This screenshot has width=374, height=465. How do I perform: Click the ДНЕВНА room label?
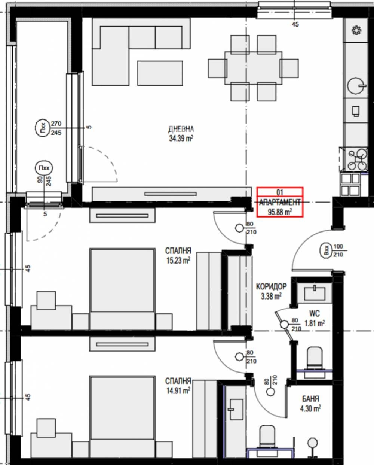coord(181,129)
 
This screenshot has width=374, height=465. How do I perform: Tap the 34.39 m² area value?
coord(181,138)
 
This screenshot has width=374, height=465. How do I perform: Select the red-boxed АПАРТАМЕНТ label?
coord(280,202)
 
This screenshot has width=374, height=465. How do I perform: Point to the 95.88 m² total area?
coord(280,212)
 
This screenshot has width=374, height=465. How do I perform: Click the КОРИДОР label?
coord(272,286)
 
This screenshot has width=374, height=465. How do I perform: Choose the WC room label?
coord(315,313)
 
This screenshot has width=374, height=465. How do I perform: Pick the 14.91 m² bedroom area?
coord(178,390)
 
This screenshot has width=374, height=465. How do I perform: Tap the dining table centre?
coord(253,68)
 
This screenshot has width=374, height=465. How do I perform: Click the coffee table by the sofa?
coord(160,73)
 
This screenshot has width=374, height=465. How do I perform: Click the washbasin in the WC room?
coord(315,293)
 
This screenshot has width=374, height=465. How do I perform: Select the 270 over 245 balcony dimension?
coord(56,128)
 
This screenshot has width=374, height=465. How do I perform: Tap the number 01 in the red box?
coord(280,192)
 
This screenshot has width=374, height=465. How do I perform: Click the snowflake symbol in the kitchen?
coord(357,30)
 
